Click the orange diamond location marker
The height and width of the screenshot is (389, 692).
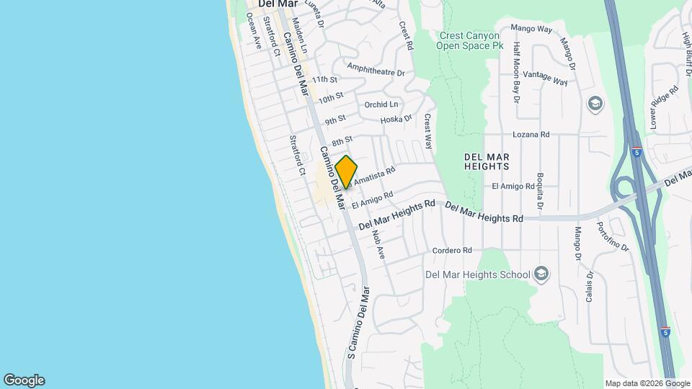(346, 172)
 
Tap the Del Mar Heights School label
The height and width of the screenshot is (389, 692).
(477, 274)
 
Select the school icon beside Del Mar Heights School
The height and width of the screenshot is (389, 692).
(542, 274)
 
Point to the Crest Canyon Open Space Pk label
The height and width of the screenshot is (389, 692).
(469, 40)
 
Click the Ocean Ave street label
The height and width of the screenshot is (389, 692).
(252, 31)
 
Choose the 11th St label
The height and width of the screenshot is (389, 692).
(325, 79)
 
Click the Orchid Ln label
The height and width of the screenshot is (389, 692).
(381, 104)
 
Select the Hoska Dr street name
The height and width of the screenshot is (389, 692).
(396, 119)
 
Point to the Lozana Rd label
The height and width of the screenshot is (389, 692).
(531, 135)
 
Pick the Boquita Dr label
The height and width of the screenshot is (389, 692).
(539, 189)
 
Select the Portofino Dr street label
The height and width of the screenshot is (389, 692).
(603, 236)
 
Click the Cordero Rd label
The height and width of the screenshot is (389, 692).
(452, 251)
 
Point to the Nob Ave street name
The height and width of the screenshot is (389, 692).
(378, 245)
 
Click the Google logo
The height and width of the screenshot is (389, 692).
(24, 380)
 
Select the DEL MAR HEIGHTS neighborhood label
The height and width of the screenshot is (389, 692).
(487, 161)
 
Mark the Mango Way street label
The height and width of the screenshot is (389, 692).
(531, 29)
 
